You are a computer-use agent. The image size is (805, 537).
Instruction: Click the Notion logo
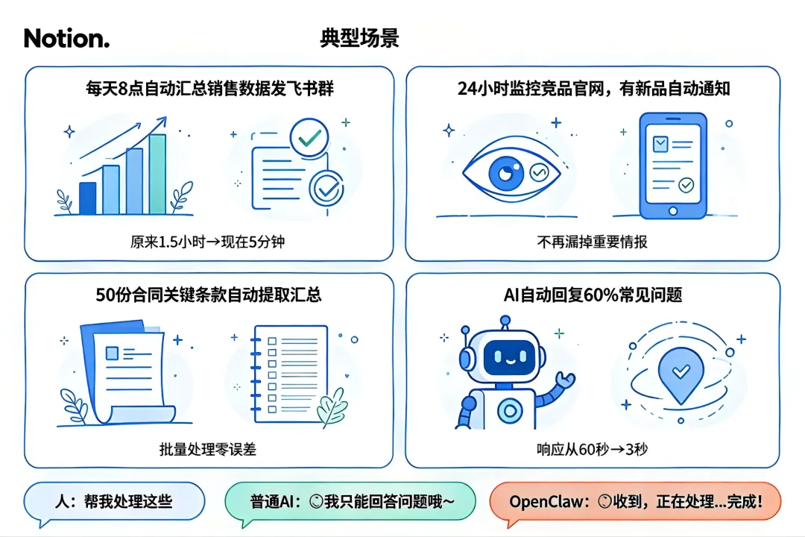tap(67, 38)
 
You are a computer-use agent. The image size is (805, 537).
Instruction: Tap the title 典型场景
tap(359, 38)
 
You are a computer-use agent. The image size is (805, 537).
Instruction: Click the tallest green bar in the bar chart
tap(157, 175)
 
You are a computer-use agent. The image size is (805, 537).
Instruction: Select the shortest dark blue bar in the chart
tap(88, 198)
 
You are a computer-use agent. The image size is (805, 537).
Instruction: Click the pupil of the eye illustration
tap(505, 173)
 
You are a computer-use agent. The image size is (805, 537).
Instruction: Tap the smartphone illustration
tap(673, 166)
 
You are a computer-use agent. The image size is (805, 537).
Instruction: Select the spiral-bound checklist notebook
tap(289, 374)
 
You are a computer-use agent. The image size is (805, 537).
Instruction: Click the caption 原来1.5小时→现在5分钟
tap(207, 242)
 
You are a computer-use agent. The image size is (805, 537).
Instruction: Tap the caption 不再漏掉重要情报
tap(592, 242)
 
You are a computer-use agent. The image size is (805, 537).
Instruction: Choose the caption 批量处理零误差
tap(207, 449)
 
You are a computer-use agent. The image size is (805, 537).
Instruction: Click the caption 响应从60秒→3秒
tap(592, 449)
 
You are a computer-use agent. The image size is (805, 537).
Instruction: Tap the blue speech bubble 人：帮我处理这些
tap(114, 501)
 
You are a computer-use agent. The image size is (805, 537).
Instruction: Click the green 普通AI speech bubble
tap(350, 501)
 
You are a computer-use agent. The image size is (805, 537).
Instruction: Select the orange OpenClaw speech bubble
tap(635, 501)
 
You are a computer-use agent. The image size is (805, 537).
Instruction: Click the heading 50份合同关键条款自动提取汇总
tap(209, 295)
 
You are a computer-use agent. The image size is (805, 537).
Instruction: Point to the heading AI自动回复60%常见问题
tap(593, 295)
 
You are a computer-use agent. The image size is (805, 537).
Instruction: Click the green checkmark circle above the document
tap(309, 137)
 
